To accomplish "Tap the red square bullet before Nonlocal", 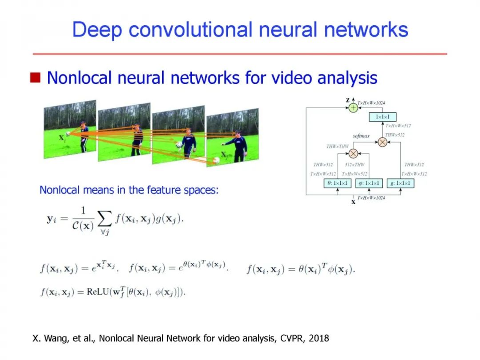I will click(35, 78).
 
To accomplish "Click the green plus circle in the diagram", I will click(353, 108).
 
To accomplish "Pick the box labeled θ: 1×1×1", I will click(337, 183).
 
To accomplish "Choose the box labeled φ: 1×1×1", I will click(369, 183).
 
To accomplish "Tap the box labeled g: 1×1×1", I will click(400, 183).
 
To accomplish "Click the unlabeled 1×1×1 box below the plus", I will click(383, 117).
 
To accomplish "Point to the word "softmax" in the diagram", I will click(361, 136).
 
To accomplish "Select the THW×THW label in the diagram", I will click(337, 146).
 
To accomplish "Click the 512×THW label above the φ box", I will click(355, 165).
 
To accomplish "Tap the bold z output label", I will click(348, 100).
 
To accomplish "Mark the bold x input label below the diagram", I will click(354, 202).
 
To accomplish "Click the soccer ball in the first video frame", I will click(68, 132).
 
